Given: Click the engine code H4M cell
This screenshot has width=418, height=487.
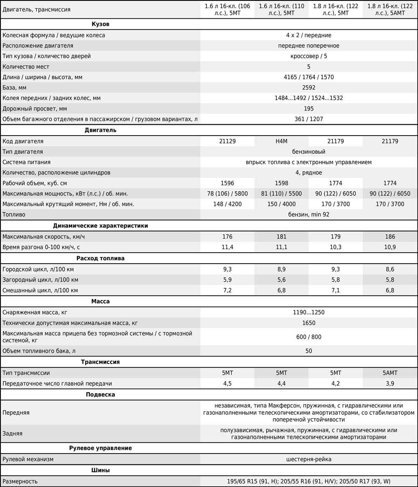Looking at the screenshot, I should pos(281,141).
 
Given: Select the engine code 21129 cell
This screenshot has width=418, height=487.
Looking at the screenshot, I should pos(227,141).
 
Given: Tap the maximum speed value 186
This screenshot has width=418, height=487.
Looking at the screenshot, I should pos(390,236).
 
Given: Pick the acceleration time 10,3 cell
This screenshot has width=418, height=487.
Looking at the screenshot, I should pos(336,247).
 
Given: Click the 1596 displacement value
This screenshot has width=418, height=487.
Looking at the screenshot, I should pos(227,183).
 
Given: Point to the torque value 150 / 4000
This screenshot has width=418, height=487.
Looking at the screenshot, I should pos(281,204).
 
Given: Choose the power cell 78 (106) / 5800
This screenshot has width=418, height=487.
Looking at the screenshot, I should pos(227,193).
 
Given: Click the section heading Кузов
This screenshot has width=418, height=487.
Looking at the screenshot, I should pos(100,24).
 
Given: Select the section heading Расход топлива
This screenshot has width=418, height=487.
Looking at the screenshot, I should pos(100,258).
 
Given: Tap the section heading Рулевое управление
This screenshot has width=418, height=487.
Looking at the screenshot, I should pos(100,448).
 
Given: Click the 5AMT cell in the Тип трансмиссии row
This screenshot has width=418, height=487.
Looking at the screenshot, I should pos(390,372).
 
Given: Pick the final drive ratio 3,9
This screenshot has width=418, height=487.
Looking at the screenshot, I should pos(390,383).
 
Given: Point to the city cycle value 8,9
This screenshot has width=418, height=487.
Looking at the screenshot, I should pos(281,269).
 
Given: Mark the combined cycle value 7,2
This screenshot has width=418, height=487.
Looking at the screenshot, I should pos(227,290).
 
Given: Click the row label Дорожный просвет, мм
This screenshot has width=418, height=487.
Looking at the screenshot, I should pos(35,108).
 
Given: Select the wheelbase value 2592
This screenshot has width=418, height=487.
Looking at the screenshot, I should pos(308,87).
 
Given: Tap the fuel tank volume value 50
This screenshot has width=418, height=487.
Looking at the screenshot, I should pos(308,351).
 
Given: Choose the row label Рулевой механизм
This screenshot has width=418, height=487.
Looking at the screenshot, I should pos(28,459).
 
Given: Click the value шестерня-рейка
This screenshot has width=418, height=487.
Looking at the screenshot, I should pos(308,459).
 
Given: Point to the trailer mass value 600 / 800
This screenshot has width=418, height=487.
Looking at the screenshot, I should pos(308,337).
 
